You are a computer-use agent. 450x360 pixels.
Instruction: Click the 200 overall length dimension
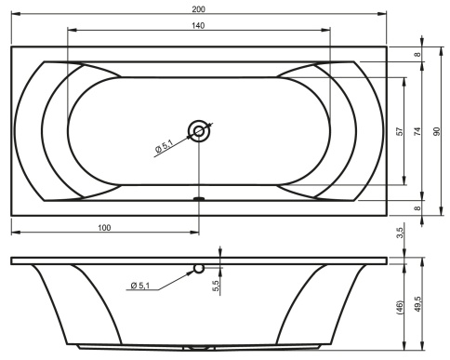click(198, 9)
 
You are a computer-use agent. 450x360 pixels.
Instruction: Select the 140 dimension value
click(198, 26)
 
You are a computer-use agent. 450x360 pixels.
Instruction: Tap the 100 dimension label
click(104, 228)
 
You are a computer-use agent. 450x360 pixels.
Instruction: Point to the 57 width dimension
click(400, 131)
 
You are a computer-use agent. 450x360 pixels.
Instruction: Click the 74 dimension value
click(417, 131)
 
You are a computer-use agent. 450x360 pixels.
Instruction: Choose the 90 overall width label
click(436, 131)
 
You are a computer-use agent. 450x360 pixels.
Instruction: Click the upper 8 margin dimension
click(418, 54)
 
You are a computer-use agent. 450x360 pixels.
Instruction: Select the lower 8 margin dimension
click(418, 208)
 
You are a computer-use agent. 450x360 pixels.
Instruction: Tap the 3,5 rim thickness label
click(400, 233)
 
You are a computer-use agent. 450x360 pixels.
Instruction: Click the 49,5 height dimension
click(417, 304)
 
